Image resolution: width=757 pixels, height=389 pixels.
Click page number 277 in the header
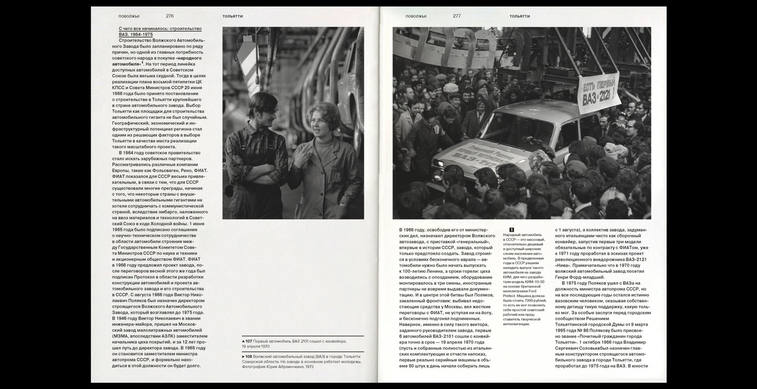pos(457,16)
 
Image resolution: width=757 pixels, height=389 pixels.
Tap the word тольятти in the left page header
pos(232,16)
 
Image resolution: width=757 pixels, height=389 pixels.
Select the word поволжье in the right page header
pos(416,16)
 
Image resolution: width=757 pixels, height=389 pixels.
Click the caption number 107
pos(249,341)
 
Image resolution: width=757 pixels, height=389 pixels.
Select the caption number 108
pos(249,356)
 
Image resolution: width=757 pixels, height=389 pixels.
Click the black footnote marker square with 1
pos(512,230)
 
